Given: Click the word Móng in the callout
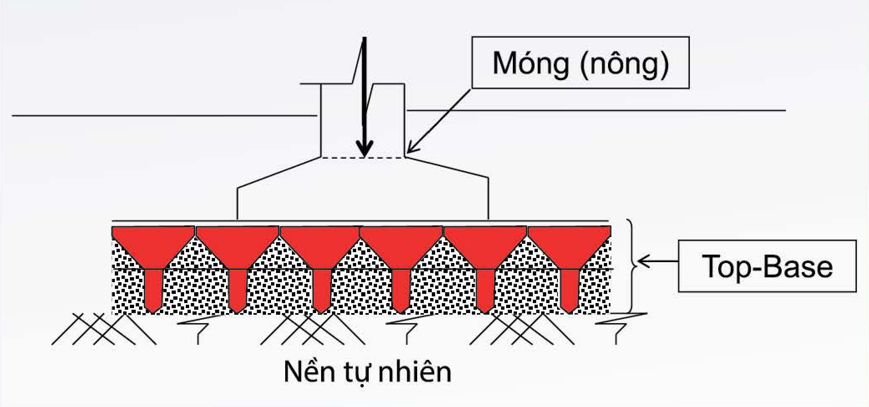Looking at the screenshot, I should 531,63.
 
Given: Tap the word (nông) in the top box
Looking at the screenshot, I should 625,64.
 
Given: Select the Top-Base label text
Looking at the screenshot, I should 767,266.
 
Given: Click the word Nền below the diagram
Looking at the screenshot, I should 307,371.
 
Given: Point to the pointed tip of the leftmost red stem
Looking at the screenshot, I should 153,311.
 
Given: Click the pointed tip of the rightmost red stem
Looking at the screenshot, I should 569,311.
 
